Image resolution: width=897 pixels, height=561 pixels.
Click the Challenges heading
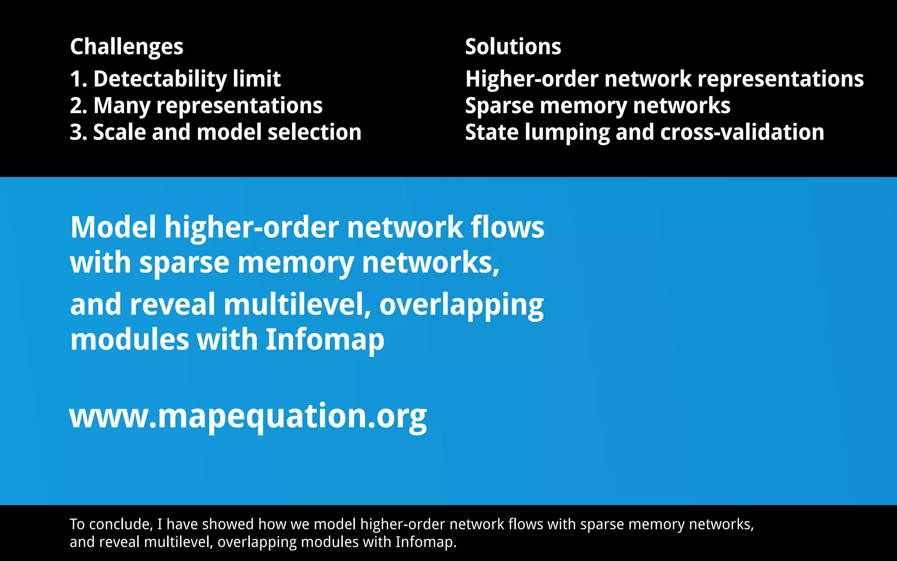coord(127,47)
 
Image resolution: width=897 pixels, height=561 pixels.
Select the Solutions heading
coord(513,46)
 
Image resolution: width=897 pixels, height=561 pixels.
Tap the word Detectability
coord(159,79)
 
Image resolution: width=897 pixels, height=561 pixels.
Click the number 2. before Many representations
coord(79,106)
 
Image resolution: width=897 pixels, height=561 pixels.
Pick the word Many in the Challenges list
coord(122,106)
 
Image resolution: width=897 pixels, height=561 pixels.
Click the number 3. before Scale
coord(79,132)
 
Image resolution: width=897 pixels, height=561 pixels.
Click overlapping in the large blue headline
coord(461,305)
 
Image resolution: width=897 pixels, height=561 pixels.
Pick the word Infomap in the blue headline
coord(325,340)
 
